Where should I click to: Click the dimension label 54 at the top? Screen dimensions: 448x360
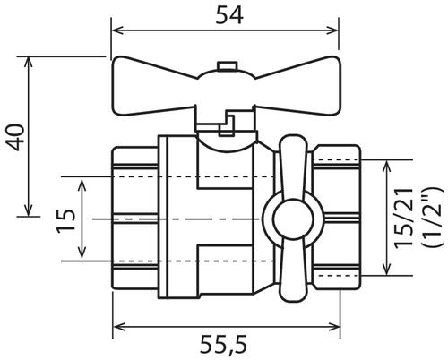(x=229, y=15)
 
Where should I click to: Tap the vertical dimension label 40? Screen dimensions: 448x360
(x=15, y=137)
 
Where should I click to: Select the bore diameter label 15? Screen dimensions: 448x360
(x=65, y=220)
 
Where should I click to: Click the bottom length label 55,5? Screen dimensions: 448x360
(x=224, y=346)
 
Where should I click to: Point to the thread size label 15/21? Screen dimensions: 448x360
(x=403, y=219)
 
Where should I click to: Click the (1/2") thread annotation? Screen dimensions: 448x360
(x=431, y=217)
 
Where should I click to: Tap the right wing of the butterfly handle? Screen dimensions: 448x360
(x=297, y=86)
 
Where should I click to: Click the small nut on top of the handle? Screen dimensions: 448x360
(x=228, y=66)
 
